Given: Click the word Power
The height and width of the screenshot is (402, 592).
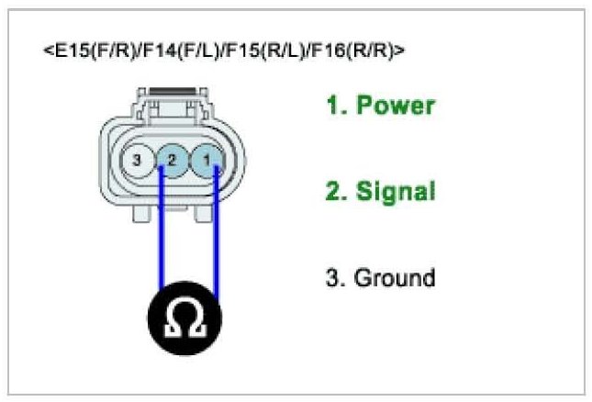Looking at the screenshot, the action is coord(395,106).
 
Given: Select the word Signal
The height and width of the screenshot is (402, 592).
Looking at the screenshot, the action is coord(396,192).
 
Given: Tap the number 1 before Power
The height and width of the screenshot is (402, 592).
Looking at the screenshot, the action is coord(333,106).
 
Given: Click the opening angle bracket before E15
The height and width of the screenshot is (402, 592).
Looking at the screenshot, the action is coord(47,50).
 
